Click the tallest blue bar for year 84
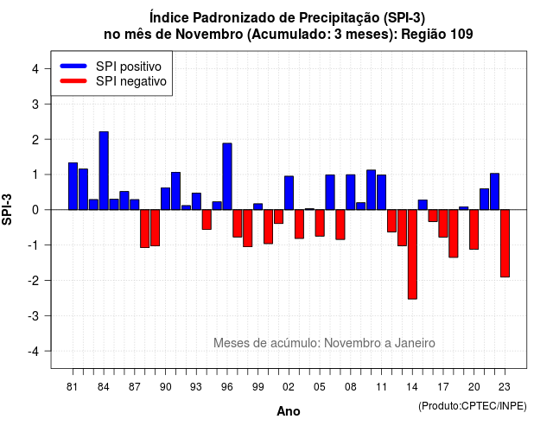click(104, 171)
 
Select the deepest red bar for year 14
click(412, 254)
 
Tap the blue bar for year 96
click(227, 176)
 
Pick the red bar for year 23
click(505, 244)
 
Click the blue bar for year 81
click(73, 187)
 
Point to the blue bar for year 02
click(289, 193)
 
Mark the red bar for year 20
click(474, 230)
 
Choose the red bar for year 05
click(320, 223)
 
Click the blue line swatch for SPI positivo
click(73, 66)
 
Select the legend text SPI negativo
click(131, 81)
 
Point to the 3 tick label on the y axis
click(35, 104)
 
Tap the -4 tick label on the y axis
click(34, 352)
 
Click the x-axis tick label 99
click(257, 387)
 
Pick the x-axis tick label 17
click(443, 387)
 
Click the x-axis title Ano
click(289, 411)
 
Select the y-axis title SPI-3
click(7, 209)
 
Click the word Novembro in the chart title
click(209, 35)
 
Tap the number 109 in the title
click(461, 35)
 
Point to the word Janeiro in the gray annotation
click(415, 343)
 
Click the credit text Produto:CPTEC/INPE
click(473, 406)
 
